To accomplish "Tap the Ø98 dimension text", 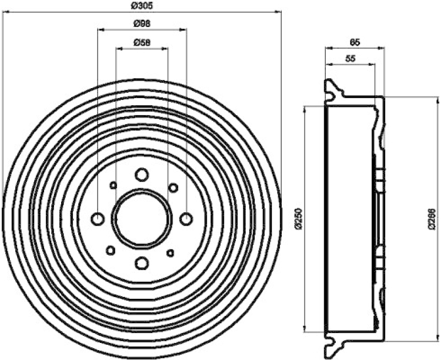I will pos(142,23).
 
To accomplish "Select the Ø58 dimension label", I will pos(142,42).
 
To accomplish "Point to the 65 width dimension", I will pos(354,41).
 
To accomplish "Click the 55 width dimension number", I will pos(351,59).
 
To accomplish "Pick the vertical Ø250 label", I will pos(299,218).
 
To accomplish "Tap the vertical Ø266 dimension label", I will pos(432,218).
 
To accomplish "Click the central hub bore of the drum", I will pos(142,218).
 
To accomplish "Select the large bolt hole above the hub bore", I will pos(142,175).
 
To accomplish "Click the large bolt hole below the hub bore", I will pos(142,263).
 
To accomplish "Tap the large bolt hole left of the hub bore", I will pos(98,219).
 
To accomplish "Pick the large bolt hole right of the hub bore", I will pos(186,219).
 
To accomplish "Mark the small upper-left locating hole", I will pos(114,185).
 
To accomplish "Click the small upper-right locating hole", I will pos(173,187).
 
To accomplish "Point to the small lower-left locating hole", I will pos(110,250).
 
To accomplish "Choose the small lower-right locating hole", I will pos(170,252).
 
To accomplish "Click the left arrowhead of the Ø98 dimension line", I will pos(100,29).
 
